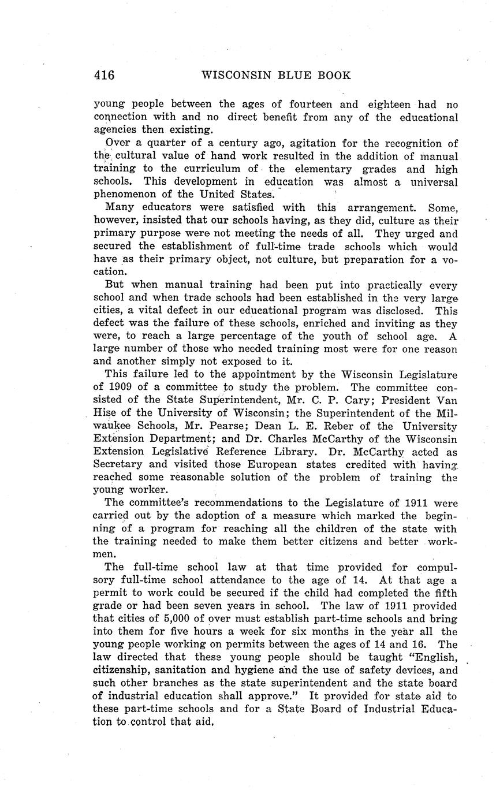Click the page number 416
104,75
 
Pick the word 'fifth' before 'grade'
444,593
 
